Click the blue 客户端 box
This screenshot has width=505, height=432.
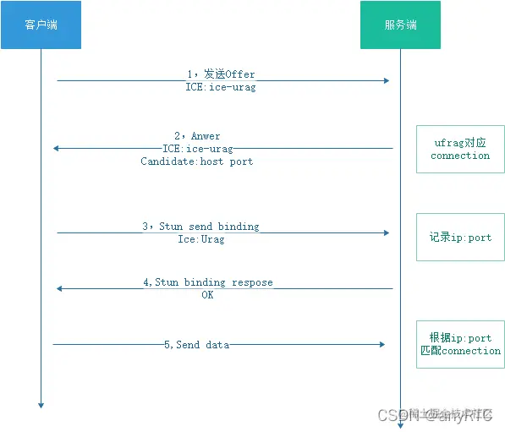(x=41, y=25)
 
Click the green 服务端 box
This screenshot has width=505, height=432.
(x=400, y=25)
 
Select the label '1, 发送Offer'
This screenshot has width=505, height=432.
(x=221, y=74)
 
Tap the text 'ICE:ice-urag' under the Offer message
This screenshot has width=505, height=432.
(x=221, y=87)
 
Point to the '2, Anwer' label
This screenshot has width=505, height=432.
(x=197, y=135)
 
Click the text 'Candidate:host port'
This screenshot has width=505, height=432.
(x=196, y=161)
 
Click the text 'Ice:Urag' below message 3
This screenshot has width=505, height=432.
(x=200, y=239)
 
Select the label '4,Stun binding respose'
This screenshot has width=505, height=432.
(x=208, y=282)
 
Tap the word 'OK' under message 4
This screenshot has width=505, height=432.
(x=207, y=295)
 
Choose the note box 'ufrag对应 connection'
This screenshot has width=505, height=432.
(x=459, y=150)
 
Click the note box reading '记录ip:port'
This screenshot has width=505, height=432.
(x=459, y=238)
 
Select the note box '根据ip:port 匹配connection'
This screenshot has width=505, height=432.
(x=459, y=344)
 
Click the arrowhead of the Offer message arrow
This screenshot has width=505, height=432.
(x=386, y=81)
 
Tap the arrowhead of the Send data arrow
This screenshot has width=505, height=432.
(x=381, y=345)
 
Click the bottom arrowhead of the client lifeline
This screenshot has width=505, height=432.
(x=40, y=406)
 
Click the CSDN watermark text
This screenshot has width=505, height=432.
(x=435, y=415)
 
